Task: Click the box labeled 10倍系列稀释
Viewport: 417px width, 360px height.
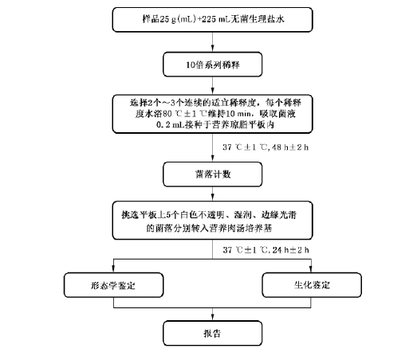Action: pyautogui.click(x=213, y=65)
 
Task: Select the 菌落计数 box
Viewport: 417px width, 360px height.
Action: pyautogui.click(x=213, y=174)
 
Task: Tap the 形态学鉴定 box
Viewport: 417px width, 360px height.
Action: pyautogui.click(x=113, y=285)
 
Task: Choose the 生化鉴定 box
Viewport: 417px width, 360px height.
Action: pyautogui.click(x=312, y=285)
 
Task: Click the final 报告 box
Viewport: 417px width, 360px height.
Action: pyautogui.click(x=213, y=333)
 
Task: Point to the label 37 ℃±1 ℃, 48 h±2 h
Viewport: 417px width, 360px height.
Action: pyautogui.click(x=266, y=147)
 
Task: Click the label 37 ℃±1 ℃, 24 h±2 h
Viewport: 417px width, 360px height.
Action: pyautogui.click(x=266, y=250)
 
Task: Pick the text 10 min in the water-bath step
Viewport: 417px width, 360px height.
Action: pyautogui.click(x=238, y=114)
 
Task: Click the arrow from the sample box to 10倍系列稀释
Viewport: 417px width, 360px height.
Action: pyautogui.click(x=213, y=42)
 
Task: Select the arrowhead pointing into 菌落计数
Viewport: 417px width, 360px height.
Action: pyautogui.click(x=213, y=158)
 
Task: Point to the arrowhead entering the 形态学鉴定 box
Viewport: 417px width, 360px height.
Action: pyautogui.click(x=113, y=269)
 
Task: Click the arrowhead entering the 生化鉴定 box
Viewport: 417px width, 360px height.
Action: pyautogui.click(x=311, y=269)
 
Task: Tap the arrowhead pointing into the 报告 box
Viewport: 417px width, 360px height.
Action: pyautogui.click(x=213, y=317)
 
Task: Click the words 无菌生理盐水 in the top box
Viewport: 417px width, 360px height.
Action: pyautogui.click(x=258, y=19)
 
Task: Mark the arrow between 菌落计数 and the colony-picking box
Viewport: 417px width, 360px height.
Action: pyautogui.click(x=213, y=194)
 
